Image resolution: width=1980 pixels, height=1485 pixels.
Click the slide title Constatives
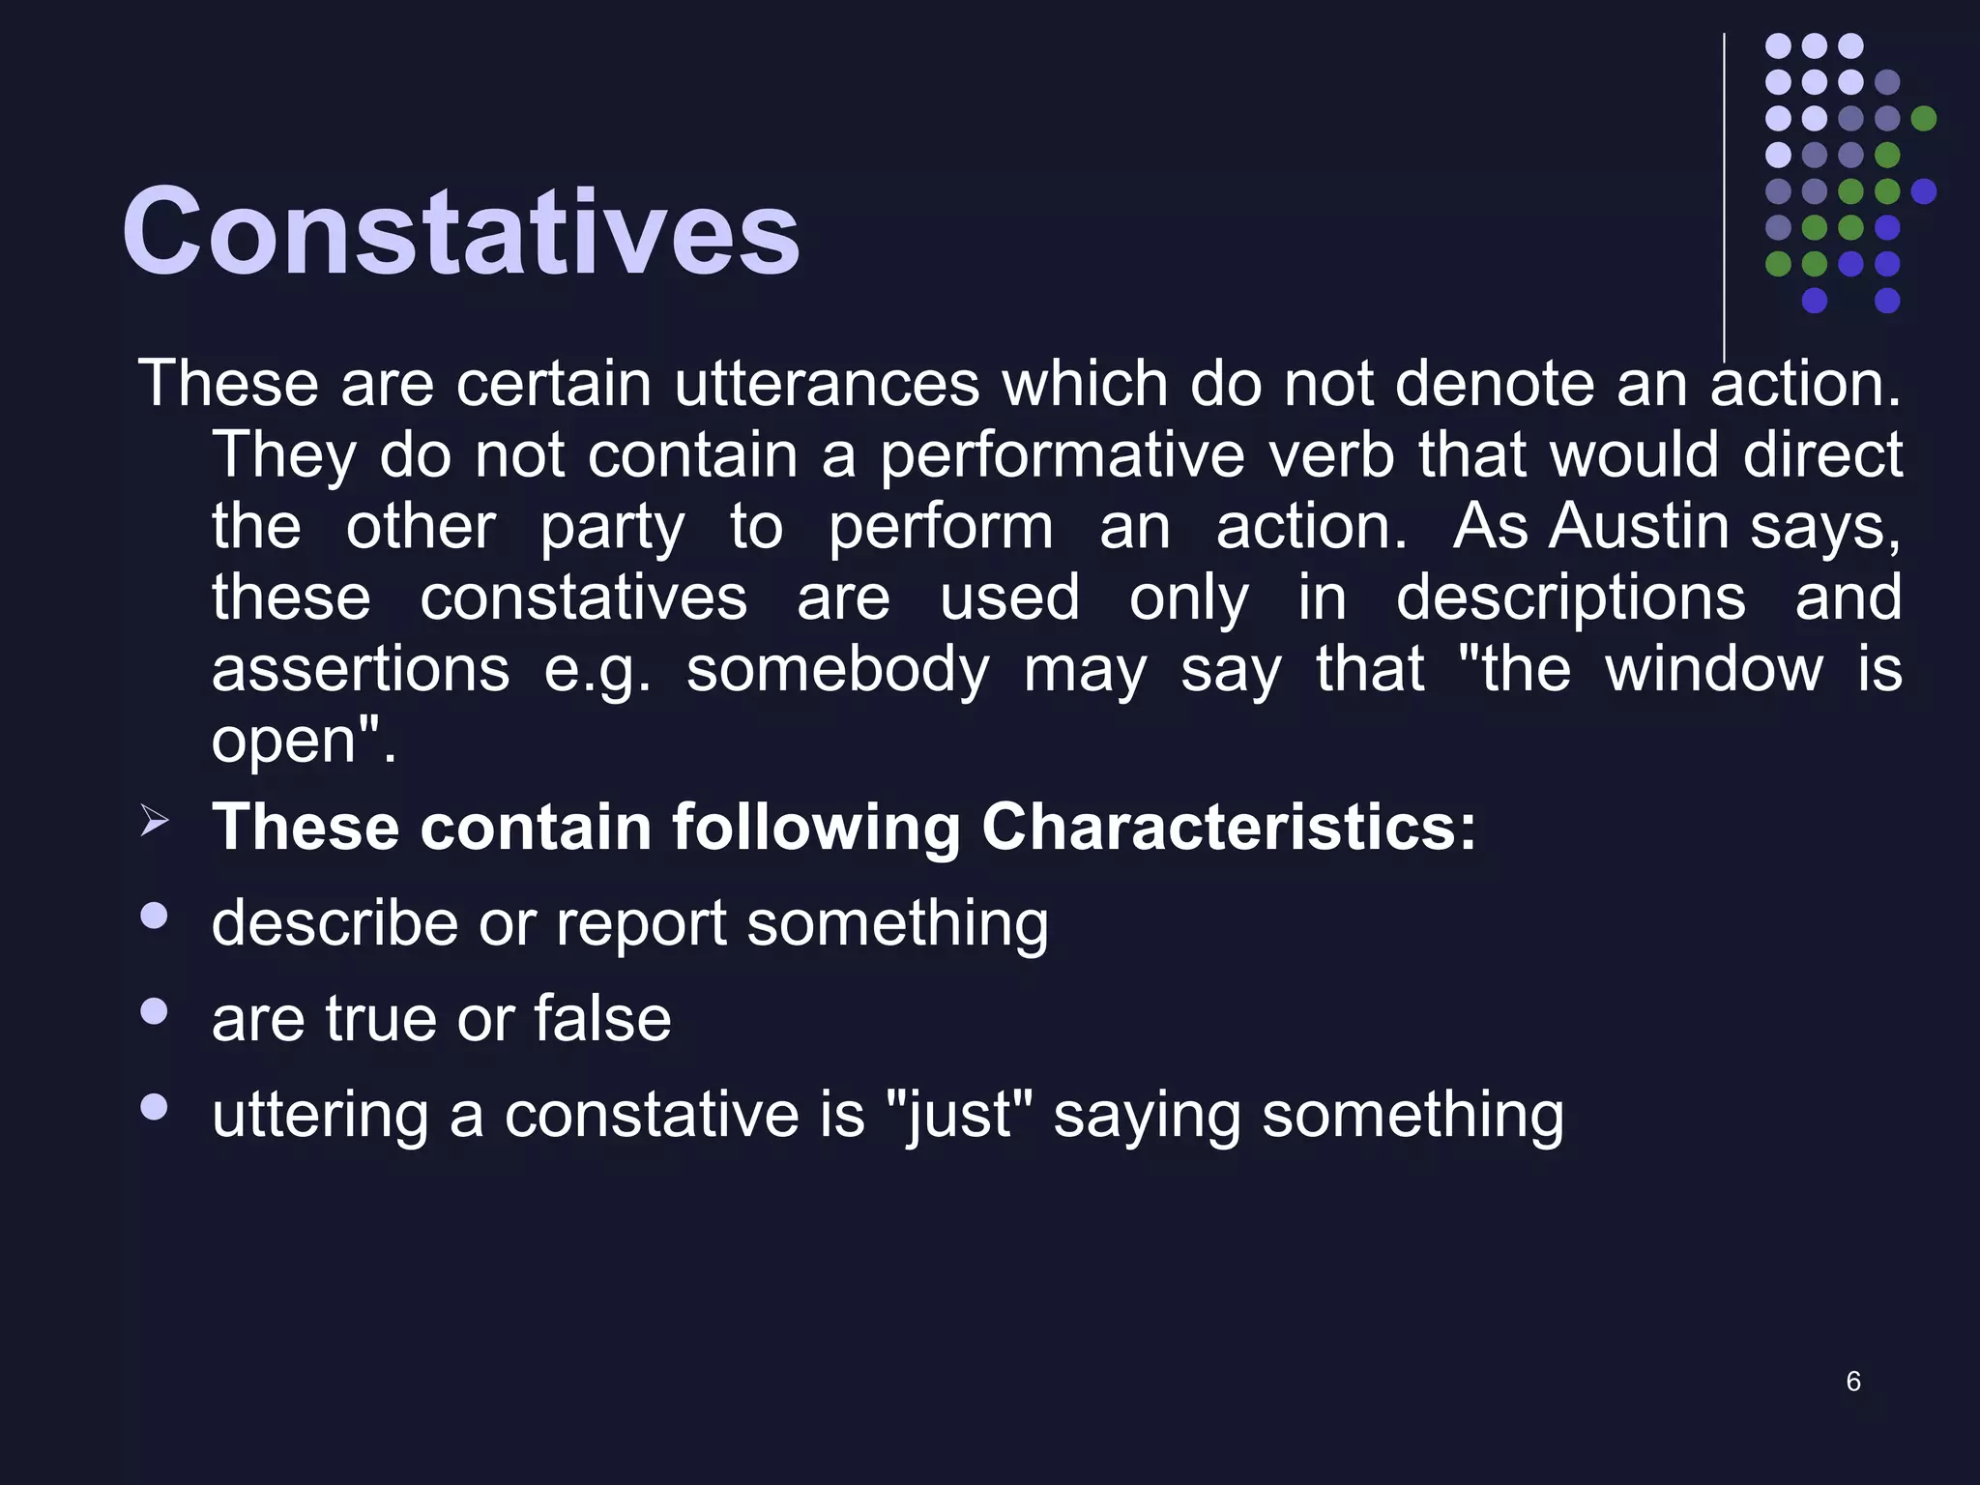point(460,232)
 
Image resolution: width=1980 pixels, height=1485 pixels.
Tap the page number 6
point(1852,1381)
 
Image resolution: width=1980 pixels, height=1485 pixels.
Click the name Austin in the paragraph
point(1639,527)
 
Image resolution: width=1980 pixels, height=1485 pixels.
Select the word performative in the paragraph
point(1062,455)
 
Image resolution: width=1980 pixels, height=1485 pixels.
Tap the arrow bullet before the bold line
point(155,821)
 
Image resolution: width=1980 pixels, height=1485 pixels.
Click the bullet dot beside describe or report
point(154,916)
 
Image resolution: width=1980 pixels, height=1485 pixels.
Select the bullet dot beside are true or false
point(154,1011)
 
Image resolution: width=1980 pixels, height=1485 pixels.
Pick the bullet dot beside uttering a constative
point(154,1106)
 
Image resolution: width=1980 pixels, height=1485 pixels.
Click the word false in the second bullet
point(601,1019)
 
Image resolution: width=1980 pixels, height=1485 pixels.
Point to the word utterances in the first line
point(827,384)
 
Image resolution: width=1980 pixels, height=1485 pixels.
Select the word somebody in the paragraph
point(837,669)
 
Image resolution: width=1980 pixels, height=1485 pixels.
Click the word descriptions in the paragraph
point(1570,597)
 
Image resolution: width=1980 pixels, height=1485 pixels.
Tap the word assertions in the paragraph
point(360,669)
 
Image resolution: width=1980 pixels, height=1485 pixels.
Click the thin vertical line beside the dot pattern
point(1724,193)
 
